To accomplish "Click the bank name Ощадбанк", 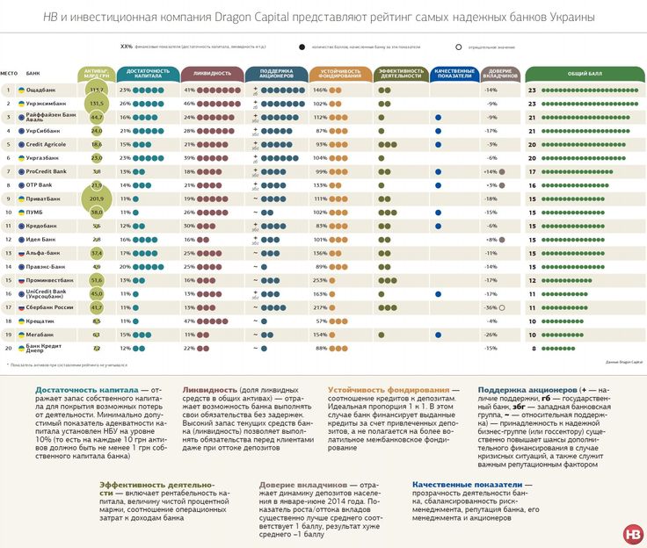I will coord(42,90).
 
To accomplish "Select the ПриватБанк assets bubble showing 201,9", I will coord(97,199).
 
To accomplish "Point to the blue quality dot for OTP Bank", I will coord(438,185).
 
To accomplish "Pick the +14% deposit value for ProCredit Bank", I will coord(490,172).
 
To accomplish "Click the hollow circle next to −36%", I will coord(502,308).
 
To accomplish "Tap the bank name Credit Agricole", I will coord(47,145).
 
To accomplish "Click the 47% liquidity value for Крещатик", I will coord(189,321).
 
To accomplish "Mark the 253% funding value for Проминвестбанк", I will coord(320,281).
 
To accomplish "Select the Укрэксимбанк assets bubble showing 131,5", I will coord(97,104).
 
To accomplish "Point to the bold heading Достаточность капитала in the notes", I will coord(76,389).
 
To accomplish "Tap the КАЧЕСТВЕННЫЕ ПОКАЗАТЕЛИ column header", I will coord(454,73).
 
